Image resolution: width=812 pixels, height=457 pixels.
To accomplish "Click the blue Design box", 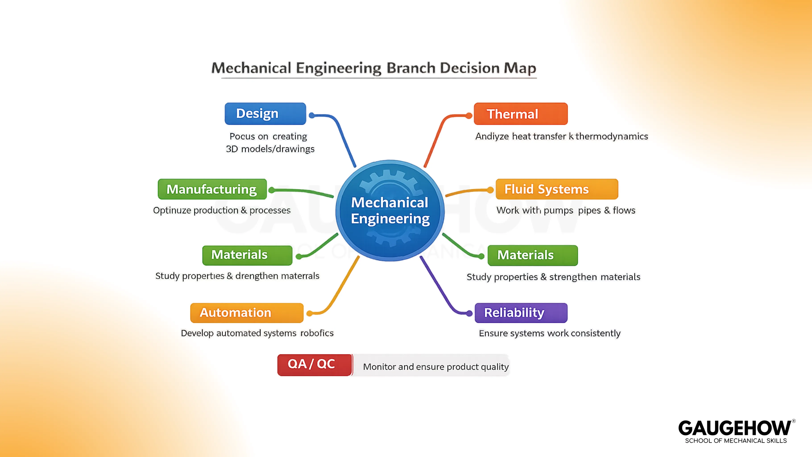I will point(265,114).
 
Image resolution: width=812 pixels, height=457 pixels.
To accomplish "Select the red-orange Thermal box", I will point(520,114).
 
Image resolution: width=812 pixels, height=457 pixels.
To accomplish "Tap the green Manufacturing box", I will point(212,189).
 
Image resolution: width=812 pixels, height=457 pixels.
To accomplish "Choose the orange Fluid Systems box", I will point(557,189).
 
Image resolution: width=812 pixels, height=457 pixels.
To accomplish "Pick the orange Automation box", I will point(247,313).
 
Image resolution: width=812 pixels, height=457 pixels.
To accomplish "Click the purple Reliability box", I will point(521,313).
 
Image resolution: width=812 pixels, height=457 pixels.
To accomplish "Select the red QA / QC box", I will point(315,365).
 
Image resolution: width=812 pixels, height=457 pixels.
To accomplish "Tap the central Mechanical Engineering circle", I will point(390,211).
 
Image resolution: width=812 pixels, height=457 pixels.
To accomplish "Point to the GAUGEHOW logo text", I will point(734,428).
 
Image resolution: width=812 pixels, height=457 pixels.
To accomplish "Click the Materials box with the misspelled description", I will point(247,255).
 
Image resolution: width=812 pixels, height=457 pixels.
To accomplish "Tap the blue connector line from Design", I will point(342,136).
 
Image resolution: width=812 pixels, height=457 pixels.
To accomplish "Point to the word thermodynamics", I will point(611,136).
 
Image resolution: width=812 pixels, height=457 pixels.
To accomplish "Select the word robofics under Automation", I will point(317,333).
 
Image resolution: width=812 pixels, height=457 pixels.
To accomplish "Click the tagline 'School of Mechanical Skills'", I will point(736,441).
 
